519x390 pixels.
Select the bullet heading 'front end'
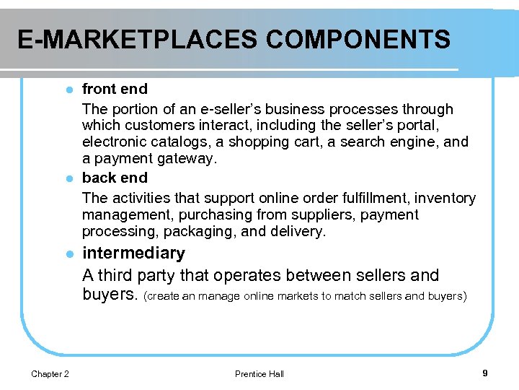pos(115,89)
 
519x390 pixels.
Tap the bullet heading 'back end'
pos(115,178)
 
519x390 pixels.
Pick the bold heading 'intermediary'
pos(133,253)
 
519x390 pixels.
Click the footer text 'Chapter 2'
pos(50,373)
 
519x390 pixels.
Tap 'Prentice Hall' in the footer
pos(259,373)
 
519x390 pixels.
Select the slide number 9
pos(485,373)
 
